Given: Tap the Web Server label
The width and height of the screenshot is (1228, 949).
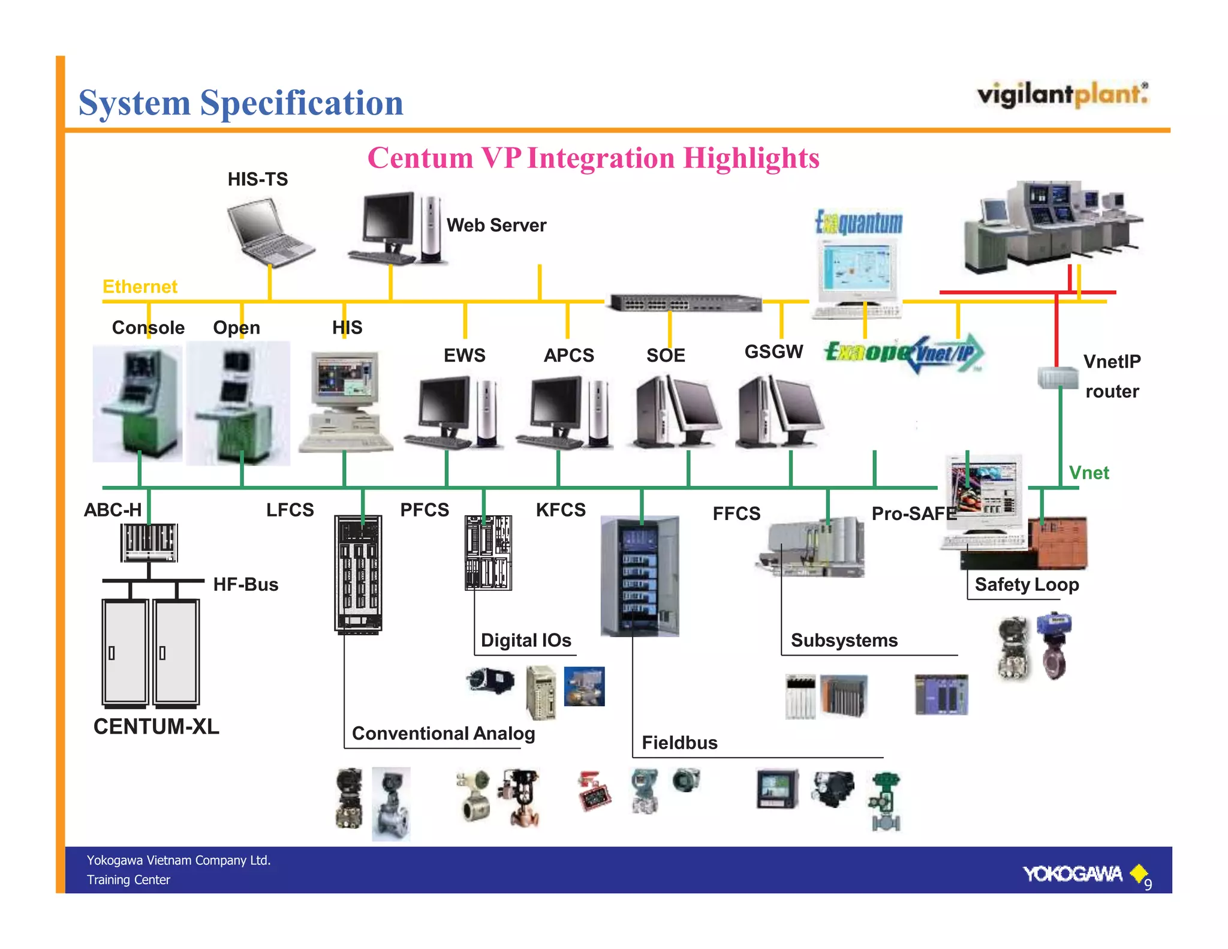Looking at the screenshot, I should [x=496, y=226].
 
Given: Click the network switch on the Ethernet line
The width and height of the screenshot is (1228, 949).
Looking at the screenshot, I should [x=685, y=303].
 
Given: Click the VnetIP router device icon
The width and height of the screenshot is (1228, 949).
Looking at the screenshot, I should [x=1057, y=377].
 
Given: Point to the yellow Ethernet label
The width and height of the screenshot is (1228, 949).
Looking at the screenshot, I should [x=140, y=287].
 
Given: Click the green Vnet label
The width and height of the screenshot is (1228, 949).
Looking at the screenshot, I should [x=1088, y=473].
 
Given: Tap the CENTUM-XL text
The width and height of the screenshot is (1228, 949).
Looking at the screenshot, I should [x=156, y=726].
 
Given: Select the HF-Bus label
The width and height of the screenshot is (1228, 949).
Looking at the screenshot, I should [x=245, y=584].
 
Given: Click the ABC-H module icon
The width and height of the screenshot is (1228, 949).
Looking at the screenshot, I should [x=149, y=542].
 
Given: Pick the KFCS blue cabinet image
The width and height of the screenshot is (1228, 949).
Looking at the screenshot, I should [x=640, y=576].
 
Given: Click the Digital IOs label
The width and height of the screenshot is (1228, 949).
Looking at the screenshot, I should [x=525, y=640].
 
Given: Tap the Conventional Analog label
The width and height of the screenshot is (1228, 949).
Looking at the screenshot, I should [x=443, y=733].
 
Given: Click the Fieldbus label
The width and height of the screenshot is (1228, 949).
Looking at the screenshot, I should [x=679, y=743].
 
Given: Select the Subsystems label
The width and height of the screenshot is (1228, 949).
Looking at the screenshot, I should [x=844, y=640].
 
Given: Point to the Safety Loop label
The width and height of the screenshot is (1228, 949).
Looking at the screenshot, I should [x=1026, y=584].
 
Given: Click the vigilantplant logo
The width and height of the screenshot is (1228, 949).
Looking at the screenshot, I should [x=1062, y=95].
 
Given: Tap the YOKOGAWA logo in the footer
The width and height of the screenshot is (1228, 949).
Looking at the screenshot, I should [x=1073, y=874].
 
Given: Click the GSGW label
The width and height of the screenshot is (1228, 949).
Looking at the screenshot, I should [x=773, y=352].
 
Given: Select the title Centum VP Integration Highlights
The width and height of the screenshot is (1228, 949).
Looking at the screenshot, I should [x=593, y=158].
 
